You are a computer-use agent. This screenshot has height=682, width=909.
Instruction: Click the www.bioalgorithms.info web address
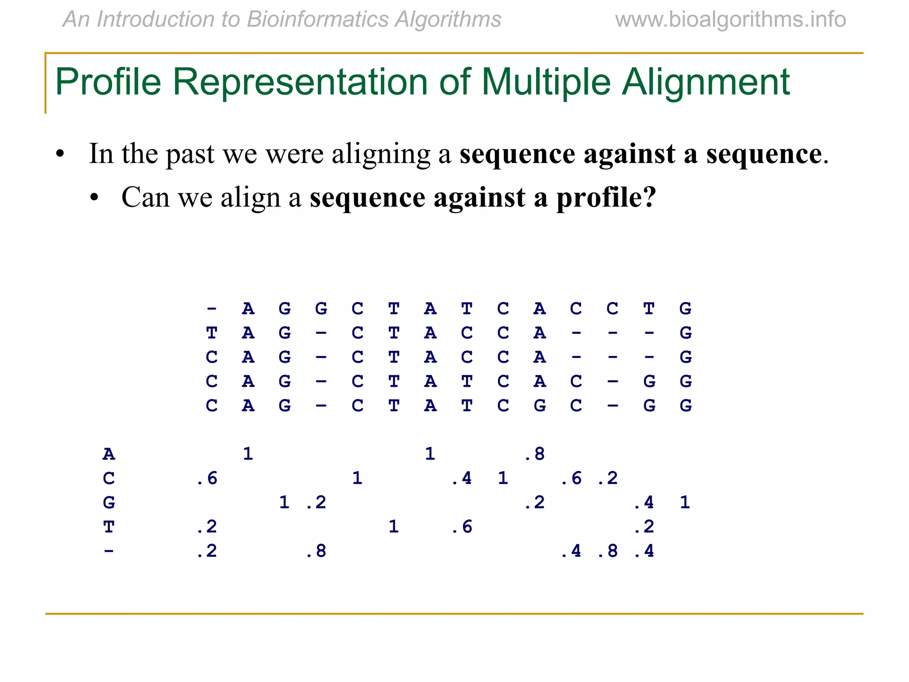coord(730,20)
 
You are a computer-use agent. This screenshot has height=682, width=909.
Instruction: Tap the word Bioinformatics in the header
coord(317,20)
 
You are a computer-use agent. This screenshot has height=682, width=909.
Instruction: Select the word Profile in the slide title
coord(108,82)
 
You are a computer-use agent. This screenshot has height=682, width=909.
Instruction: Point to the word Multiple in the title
coord(546,82)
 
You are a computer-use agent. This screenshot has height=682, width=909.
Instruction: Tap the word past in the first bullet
coord(190,154)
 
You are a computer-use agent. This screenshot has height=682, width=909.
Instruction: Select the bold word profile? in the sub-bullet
coord(606,198)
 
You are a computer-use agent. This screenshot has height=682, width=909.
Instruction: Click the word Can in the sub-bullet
coord(146,197)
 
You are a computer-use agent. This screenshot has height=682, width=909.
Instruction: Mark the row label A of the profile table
coord(109,454)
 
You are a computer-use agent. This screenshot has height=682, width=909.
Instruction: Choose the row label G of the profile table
coord(109,503)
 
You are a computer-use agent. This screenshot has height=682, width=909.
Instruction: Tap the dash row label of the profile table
coord(109,551)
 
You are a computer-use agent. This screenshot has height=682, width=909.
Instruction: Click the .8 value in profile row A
coord(535,454)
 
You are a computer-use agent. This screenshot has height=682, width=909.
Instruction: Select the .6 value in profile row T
coord(462,527)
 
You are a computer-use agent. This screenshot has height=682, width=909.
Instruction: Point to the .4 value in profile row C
coord(462,478)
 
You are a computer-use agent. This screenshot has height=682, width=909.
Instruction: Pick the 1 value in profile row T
coord(393,527)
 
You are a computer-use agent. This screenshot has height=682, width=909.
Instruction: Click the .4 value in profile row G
coord(644,503)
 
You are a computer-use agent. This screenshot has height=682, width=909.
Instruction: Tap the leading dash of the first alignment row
coord(212,308)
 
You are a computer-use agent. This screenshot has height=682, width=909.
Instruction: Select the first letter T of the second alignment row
coord(212,333)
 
